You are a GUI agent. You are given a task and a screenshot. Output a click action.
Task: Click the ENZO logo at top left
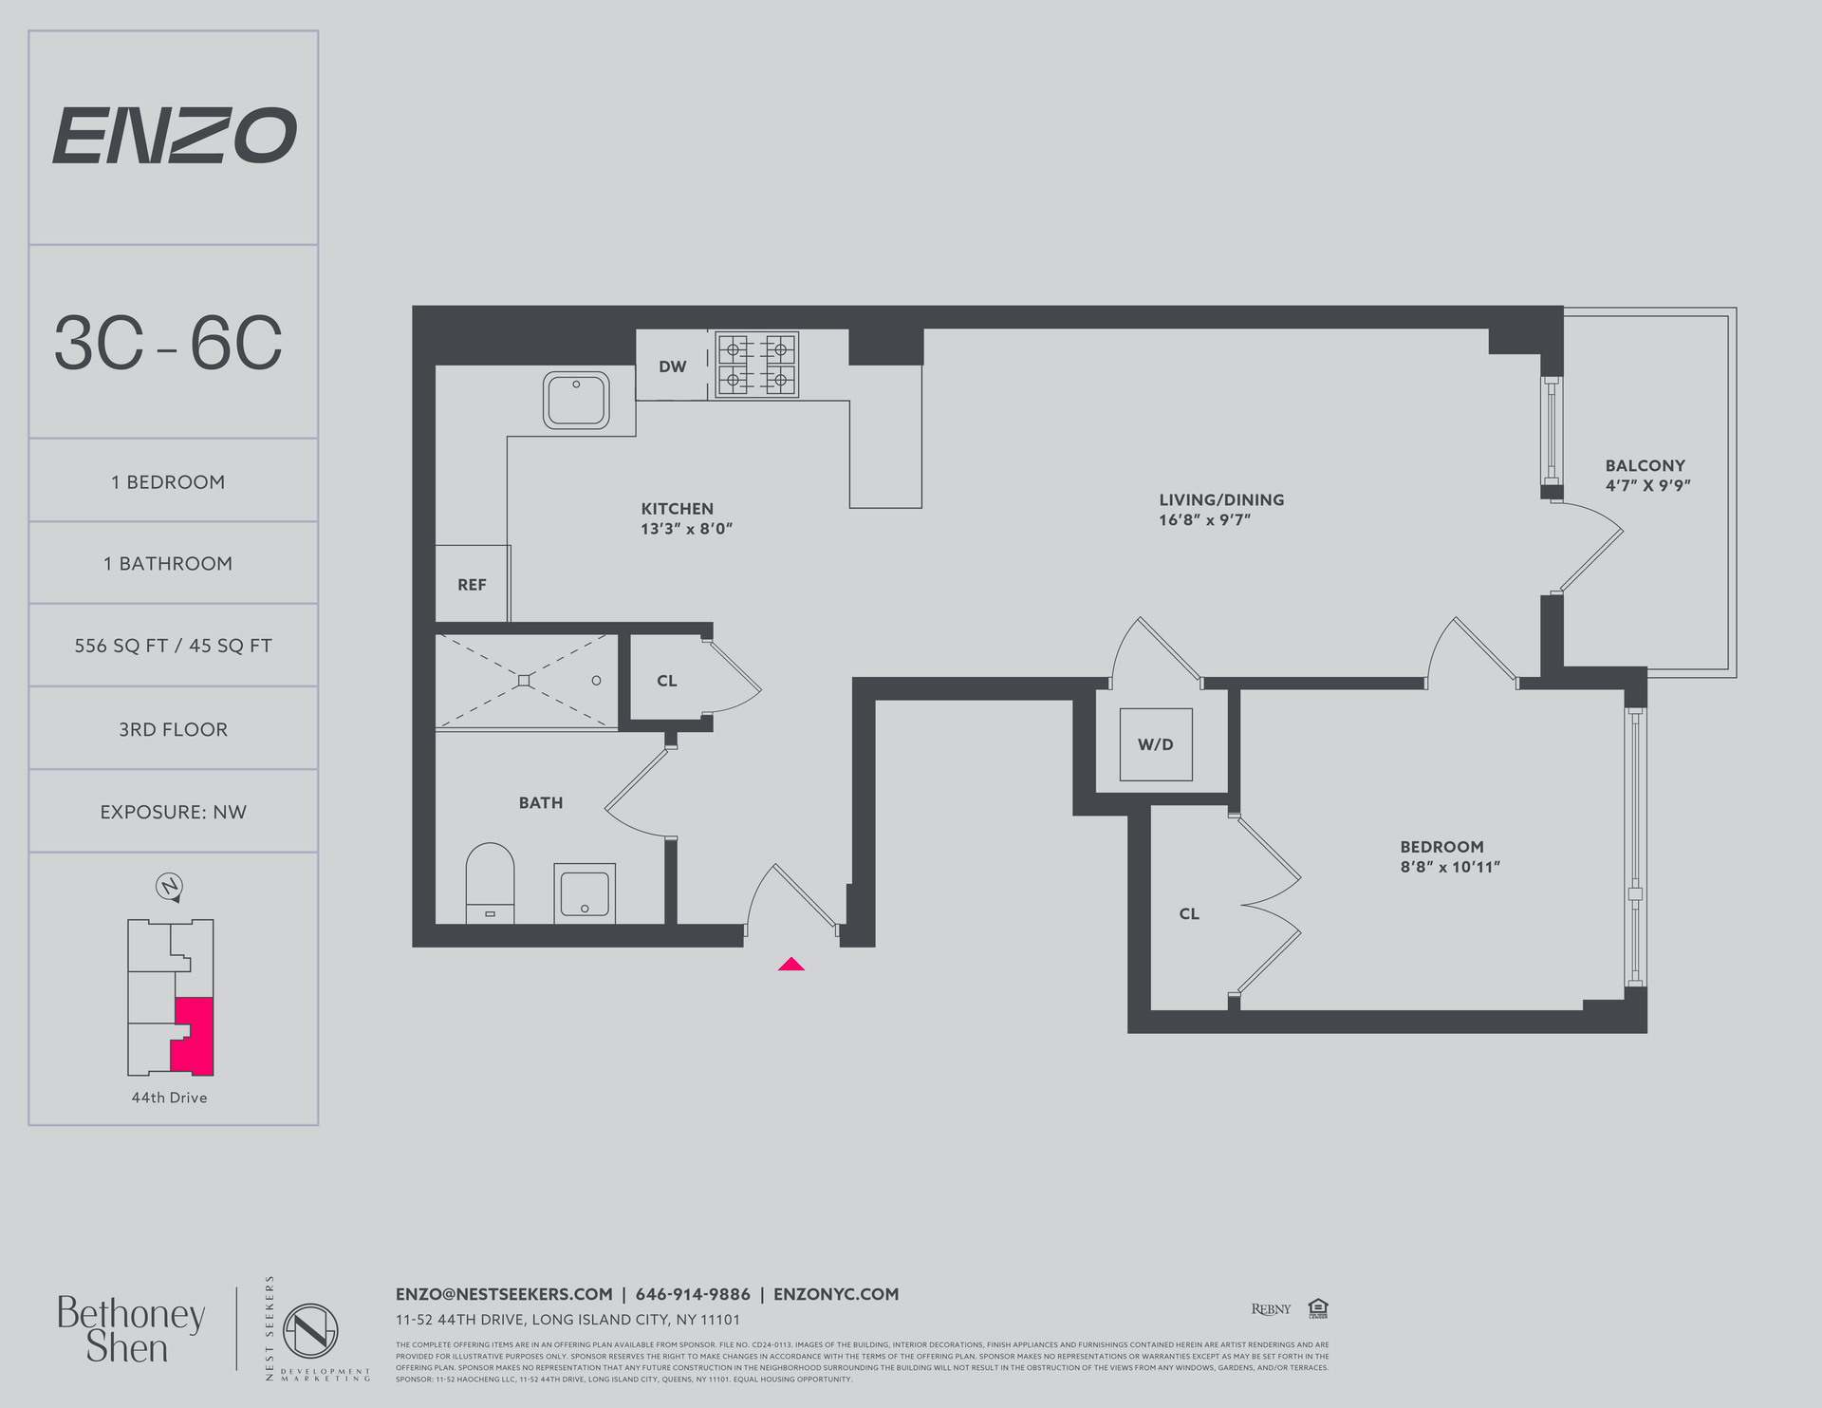[174, 135]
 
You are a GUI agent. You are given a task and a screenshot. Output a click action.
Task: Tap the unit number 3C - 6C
[168, 343]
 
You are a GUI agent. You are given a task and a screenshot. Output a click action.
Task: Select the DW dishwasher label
[672, 366]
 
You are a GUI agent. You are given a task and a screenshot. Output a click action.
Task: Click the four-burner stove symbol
[756, 365]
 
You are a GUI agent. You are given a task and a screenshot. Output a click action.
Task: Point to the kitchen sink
[576, 400]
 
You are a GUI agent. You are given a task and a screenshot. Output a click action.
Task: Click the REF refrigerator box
[472, 585]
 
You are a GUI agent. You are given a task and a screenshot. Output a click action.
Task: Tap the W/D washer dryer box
[1155, 744]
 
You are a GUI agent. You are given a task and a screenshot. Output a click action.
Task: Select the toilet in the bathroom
[490, 883]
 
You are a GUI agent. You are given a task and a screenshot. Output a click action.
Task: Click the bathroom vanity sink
[584, 892]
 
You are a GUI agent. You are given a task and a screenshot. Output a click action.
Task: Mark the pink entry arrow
[791, 965]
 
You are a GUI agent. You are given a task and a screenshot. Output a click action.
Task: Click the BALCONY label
[1645, 465]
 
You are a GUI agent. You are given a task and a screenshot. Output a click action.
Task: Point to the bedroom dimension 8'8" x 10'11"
[1450, 867]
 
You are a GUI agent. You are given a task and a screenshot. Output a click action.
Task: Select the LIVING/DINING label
[1221, 499]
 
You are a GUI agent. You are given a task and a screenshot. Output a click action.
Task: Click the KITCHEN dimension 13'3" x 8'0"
[686, 529]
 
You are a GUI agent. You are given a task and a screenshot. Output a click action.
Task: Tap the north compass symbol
[169, 887]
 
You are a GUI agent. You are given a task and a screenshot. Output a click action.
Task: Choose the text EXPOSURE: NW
[173, 812]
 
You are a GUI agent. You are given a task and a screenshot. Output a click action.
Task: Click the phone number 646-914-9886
[693, 1294]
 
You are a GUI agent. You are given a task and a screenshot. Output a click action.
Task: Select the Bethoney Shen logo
[130, 1330]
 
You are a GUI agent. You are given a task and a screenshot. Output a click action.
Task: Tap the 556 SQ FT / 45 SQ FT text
[173, 646]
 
